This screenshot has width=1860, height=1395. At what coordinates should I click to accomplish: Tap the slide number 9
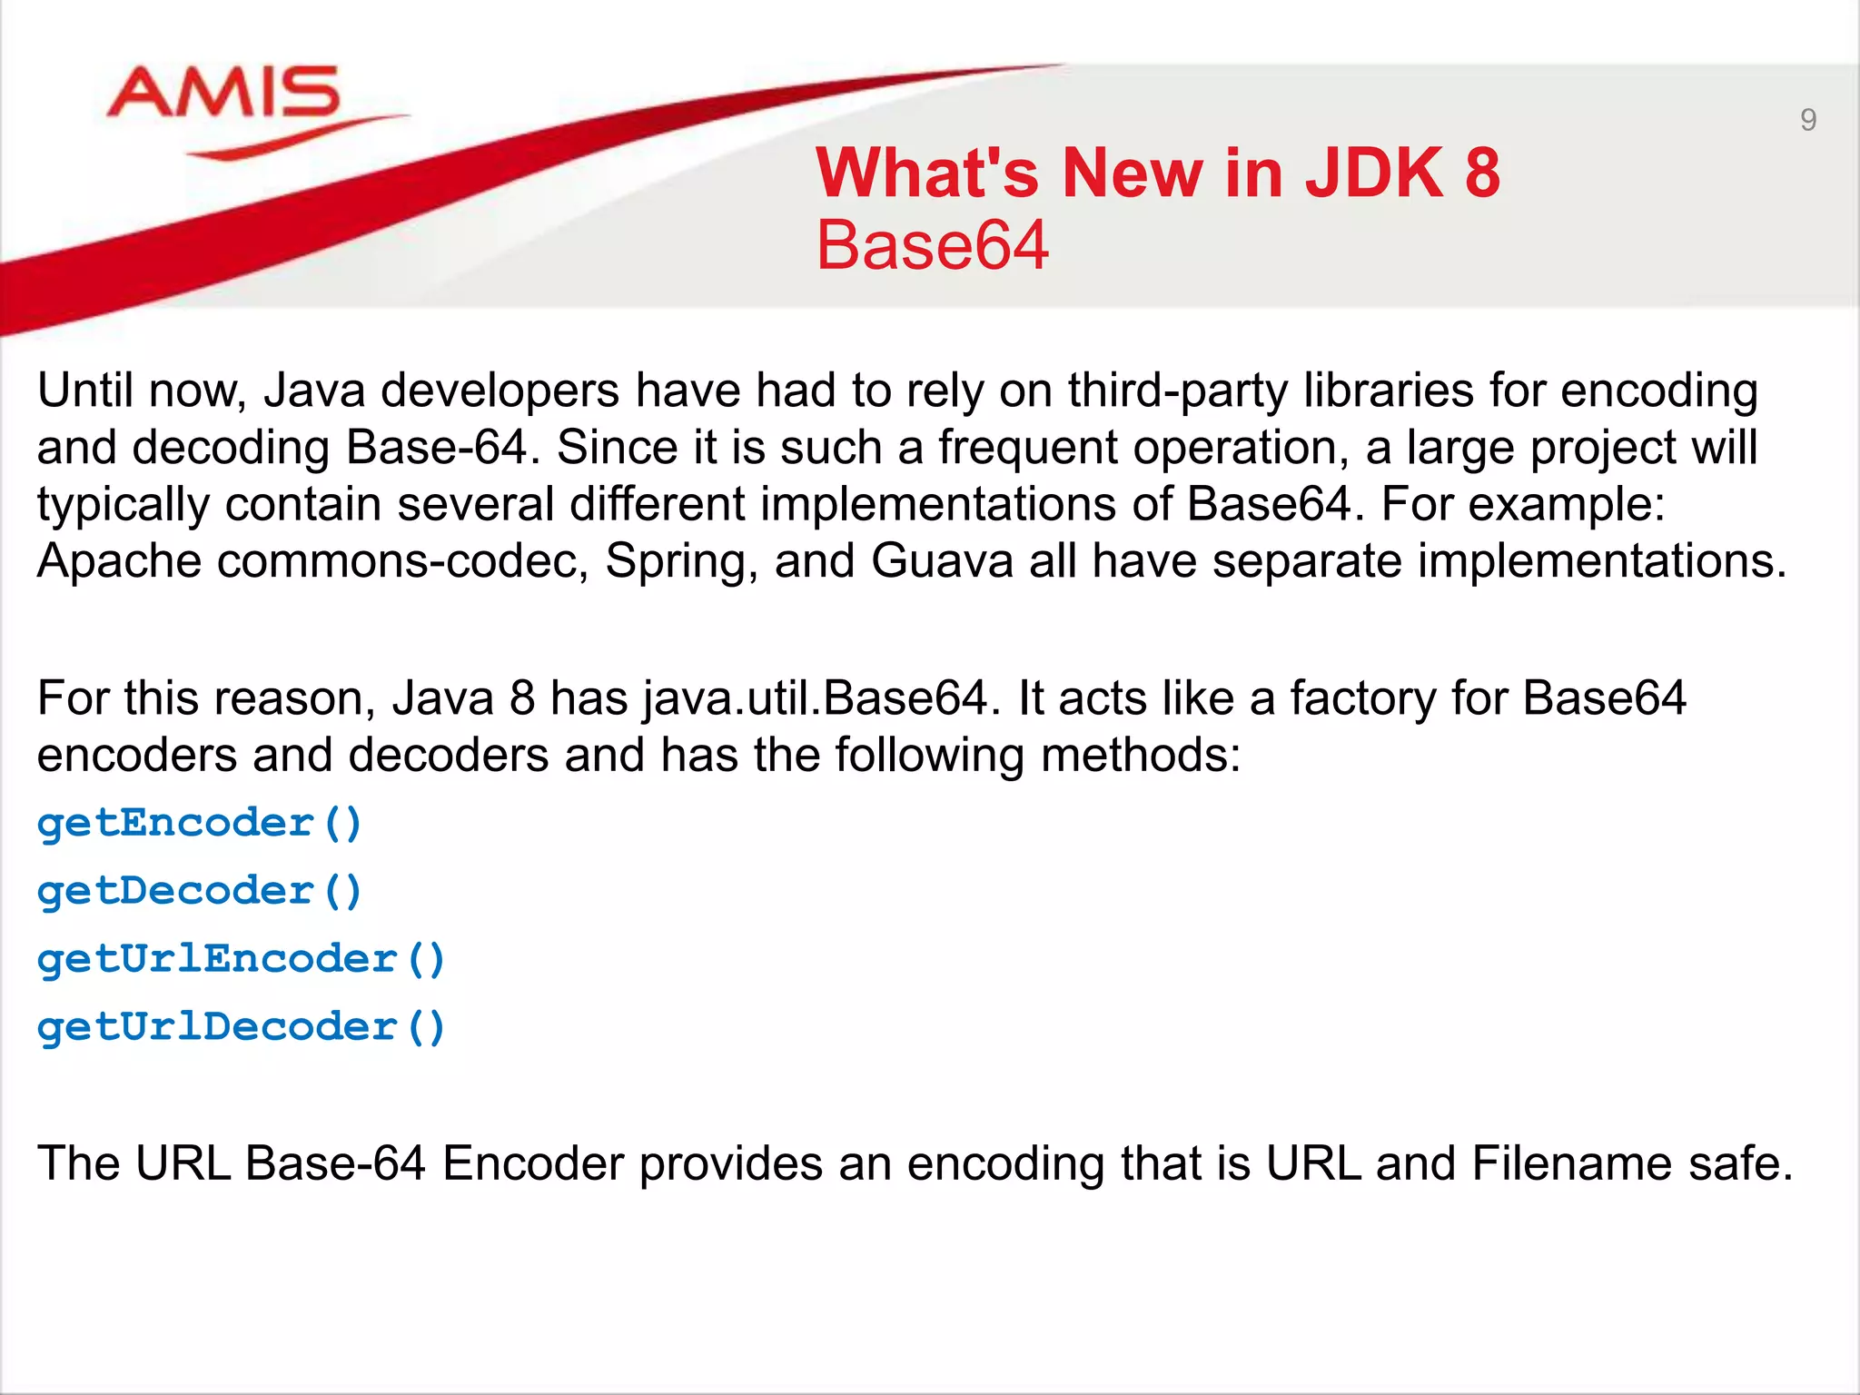1807,120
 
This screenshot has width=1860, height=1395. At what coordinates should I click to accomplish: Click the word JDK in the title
1373,173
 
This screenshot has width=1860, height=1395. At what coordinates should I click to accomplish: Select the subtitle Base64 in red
932,245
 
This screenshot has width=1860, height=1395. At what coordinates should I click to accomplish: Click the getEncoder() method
200,824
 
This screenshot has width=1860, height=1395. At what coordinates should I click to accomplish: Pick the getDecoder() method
200,891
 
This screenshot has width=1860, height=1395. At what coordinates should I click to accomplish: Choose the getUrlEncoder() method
241,960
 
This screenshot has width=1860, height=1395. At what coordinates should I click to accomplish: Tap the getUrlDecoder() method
241,1027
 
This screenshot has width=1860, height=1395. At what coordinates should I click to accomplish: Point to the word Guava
942,560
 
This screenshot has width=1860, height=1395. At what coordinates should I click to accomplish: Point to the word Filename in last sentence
1572,1163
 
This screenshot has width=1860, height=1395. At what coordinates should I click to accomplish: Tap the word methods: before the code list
1141,756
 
